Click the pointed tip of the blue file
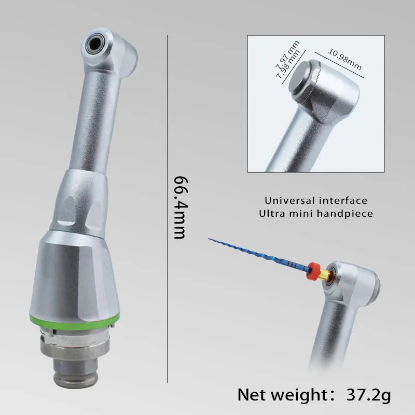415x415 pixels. tap(210, 239)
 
